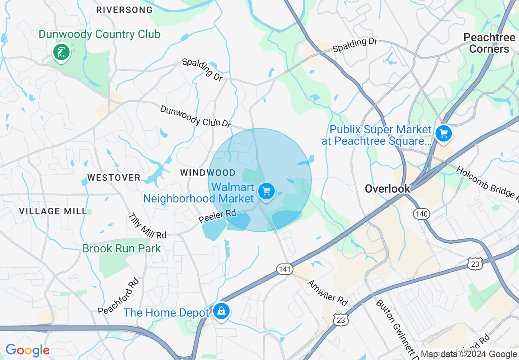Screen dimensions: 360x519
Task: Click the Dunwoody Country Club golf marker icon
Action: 61,52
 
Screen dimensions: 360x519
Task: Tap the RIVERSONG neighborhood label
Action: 124,10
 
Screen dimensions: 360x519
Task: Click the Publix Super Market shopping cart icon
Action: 443,133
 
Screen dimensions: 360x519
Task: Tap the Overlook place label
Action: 387,189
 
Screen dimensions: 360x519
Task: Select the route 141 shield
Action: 284,269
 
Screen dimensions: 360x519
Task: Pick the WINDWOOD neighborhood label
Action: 208,173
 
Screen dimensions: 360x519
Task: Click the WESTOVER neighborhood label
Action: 114,178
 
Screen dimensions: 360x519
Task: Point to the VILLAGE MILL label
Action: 53,211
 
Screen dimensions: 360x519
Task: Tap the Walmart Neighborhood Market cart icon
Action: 266,191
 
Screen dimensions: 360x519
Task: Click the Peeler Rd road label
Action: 218,216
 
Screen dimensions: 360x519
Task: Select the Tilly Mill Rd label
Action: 147,226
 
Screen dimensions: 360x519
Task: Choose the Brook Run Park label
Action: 122,248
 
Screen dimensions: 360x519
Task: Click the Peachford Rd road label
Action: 119,297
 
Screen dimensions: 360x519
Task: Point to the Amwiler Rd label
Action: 327,293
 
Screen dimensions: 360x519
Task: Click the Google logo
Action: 27,351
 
